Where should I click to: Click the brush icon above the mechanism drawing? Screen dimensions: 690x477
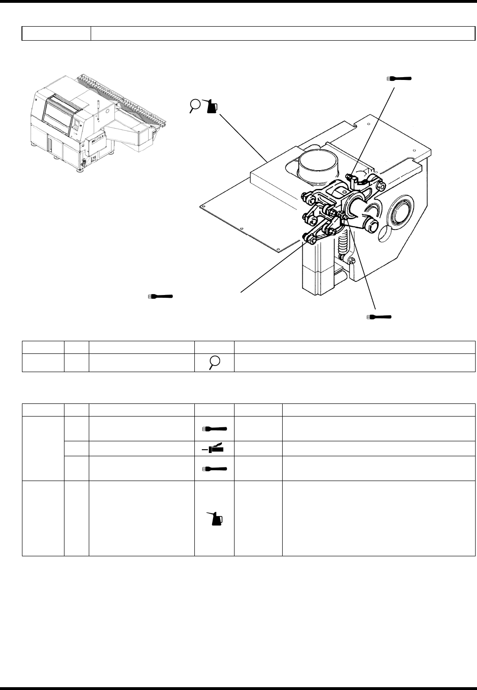point(399,79)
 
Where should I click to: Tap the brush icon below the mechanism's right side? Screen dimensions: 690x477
point(379,317)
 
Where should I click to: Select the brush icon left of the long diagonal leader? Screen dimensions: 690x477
point(160,296)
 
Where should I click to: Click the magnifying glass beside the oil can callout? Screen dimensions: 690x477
point(195,106)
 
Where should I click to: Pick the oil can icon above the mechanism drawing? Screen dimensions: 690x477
point(211,107)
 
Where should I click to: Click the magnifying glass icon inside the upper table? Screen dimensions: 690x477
point(214,363)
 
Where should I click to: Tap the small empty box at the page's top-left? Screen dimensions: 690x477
point(56,33)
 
